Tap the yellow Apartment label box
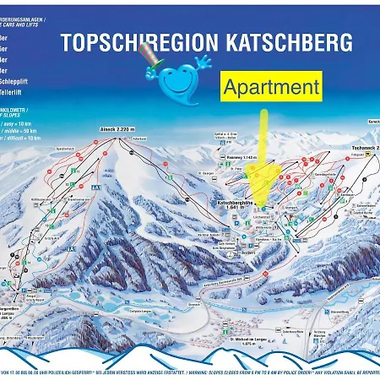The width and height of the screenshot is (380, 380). click(272, 86)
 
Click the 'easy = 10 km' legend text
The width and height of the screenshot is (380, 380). click(25, 124)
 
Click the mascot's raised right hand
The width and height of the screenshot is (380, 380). click(203, 61)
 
